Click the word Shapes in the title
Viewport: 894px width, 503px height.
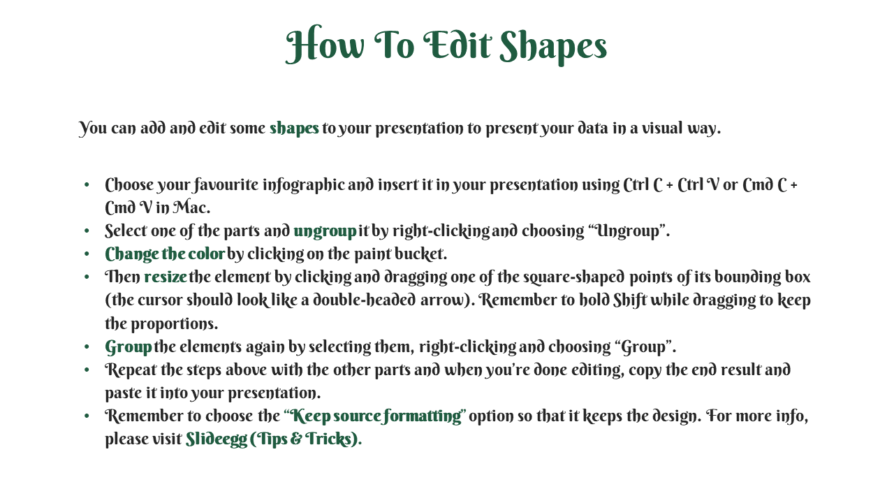tap(553, 47)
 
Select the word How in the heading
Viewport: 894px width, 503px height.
tap(325, 44)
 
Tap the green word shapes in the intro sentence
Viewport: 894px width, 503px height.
tap(294, 129)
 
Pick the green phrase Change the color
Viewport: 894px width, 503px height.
tap(165, 254)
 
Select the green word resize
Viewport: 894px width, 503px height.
tap(166, 277)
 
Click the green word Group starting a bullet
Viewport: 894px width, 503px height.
tap(128, 347)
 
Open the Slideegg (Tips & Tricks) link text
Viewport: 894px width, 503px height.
tap(274, 439)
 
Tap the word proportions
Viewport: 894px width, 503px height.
tap(175, 323)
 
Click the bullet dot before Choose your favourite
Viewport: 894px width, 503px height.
tap(87, 185)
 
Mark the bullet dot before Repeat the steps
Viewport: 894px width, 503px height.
tap(87, 370)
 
